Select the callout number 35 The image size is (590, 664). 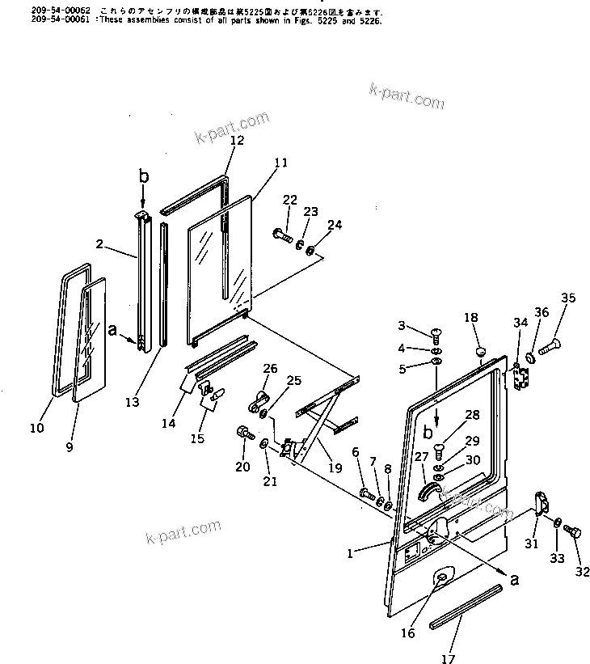[568, 298]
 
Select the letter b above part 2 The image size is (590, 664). [144, 176]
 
